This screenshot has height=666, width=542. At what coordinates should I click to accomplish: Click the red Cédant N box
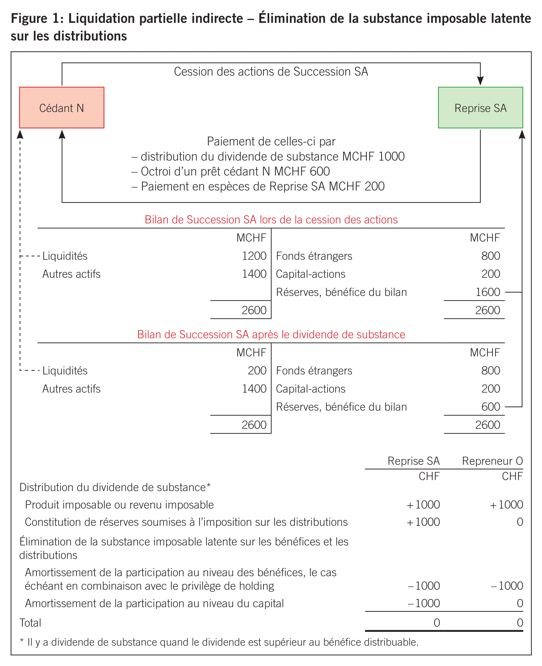61,108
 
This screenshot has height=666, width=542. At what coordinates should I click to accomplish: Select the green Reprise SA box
480,108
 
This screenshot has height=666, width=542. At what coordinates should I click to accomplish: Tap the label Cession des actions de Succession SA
271,72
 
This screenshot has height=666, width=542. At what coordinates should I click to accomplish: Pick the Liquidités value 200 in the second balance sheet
257,371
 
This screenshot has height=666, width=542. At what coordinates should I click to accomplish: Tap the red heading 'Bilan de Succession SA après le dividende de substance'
271,334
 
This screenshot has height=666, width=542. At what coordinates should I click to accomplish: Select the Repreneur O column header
492,461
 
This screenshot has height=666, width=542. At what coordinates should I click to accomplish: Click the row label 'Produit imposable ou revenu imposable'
119,505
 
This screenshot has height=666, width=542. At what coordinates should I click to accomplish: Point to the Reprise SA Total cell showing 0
436,623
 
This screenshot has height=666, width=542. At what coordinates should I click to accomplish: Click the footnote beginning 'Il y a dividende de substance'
223,642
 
